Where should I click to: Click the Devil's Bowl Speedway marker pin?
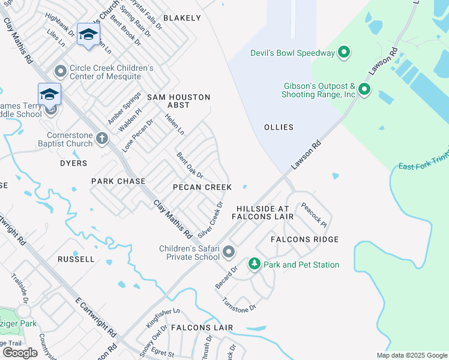pos(344,53)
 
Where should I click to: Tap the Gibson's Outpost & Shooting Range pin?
pos(364,91)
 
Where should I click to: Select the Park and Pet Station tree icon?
pos(254,265)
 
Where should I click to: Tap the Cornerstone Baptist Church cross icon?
pos(102,139)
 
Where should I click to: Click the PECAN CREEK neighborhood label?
pos(202,187)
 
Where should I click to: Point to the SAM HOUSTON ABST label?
pos(179,101)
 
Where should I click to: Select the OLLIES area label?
pos(279,127)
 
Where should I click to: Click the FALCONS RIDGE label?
pos(304,239)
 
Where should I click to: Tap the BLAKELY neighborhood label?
pos(182,18)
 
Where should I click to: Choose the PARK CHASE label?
pos(118,181)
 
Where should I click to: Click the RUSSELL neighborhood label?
pos(76,259)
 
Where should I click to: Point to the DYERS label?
pos(73,163)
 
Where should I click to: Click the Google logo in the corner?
pos(20,352)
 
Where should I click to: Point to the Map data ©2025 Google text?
pos(411,355)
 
